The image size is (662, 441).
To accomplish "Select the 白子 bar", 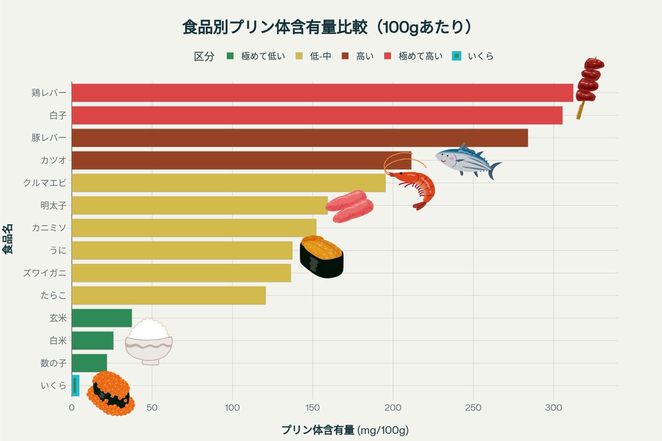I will [x=317, y=115].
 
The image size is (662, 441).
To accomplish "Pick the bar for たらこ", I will [x=169, y=295].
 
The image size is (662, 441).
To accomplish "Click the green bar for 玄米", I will [x=102, y=318].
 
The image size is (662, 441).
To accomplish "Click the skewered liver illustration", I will [x=588, y=85].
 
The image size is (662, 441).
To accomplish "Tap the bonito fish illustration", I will [x=467, y=160].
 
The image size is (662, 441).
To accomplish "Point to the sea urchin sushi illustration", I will [x=321, y=256].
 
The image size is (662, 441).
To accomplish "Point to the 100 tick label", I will [x=232, y=408].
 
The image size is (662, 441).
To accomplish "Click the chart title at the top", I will [x=330, y=26].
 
